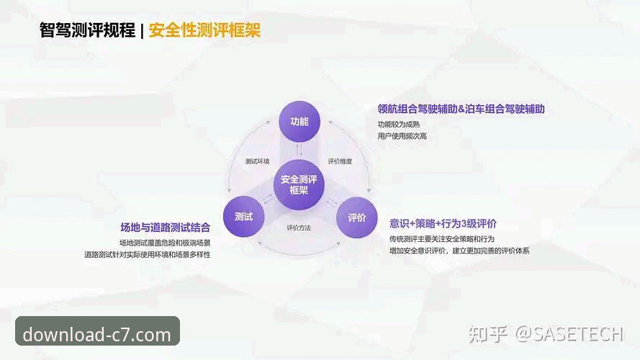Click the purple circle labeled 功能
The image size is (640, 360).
click(299, 122)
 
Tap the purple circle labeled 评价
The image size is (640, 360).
click(357, 217)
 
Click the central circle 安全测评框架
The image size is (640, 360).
click(299, 184)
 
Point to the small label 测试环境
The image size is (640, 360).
click(257, 161)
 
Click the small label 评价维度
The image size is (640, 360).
click(340, 161)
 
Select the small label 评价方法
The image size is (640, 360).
click(299, 228)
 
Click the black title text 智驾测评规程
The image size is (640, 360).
click(87, 30)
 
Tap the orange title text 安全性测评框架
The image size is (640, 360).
click(204, 30)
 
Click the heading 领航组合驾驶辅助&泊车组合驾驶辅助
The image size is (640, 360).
click(461, 109)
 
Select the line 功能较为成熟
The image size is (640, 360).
click(398, 124)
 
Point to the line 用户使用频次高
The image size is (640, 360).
click(402, 135)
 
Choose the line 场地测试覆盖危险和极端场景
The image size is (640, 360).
click(165, 243)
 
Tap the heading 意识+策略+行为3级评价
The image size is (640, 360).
click(443, 223)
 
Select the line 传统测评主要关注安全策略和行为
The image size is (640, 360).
click(442, 238)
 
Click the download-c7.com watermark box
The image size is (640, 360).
click(97, 334)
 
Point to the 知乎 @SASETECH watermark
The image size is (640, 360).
click(545, 333)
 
